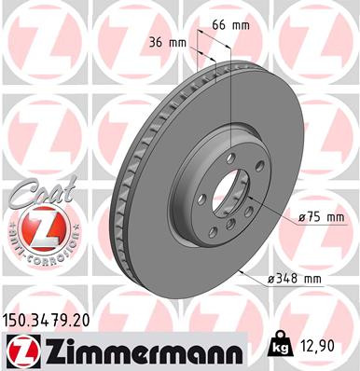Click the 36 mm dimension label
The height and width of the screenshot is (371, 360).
pos(167,42)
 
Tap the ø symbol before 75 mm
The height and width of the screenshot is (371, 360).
pos(303,218)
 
